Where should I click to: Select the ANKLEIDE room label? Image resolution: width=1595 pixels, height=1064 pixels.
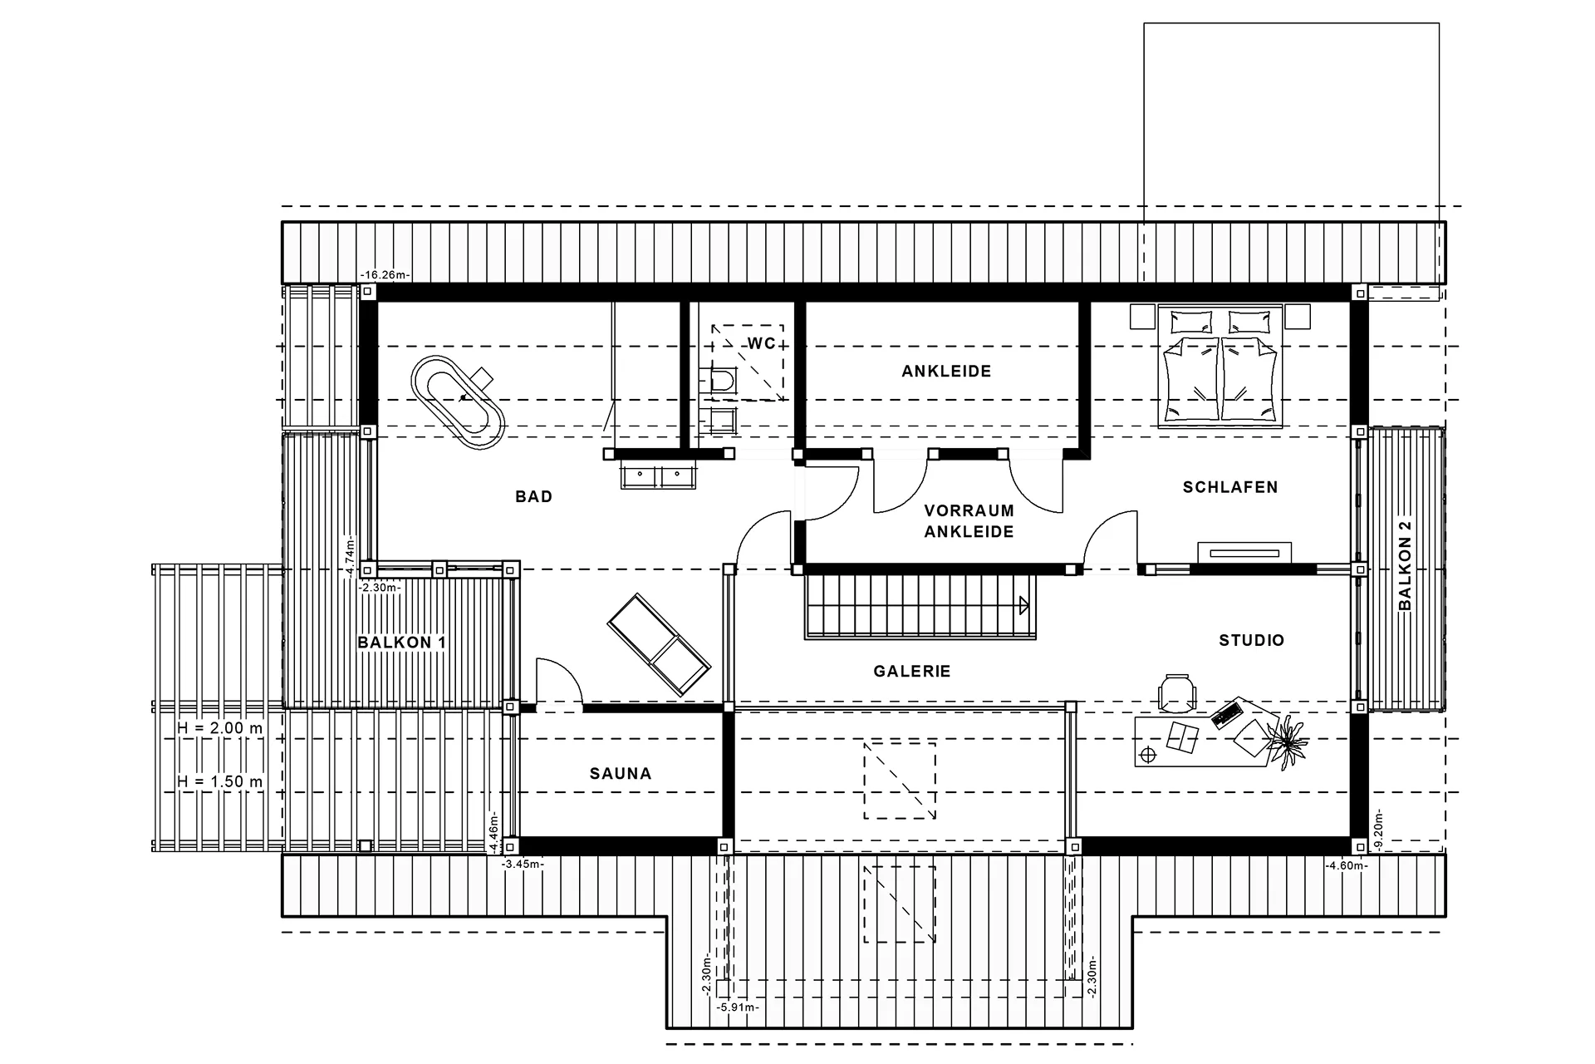click(946, 372)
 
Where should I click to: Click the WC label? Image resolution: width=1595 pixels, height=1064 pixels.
click(761, 343)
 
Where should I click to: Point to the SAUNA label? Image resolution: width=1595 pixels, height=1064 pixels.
click(621, 774)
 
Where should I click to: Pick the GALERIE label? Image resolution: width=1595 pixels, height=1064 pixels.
click(912, 672)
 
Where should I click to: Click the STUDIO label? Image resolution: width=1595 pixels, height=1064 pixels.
click(1251, 640)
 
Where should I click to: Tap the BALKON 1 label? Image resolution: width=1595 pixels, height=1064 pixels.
click(401, 643)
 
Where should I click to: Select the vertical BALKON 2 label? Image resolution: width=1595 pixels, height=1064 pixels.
click(1405, 565)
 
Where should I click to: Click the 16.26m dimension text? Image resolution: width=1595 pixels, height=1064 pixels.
click(385, 275)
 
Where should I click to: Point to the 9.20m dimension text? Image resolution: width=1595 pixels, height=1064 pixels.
click(1379, 829)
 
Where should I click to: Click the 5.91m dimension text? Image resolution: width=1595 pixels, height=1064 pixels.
click(738, 1007)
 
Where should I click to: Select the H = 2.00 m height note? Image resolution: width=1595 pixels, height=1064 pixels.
click(219, 728)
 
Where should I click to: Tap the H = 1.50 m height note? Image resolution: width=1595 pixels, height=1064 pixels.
click(219, 781)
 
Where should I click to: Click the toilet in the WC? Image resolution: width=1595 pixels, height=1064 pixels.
click(721, 381)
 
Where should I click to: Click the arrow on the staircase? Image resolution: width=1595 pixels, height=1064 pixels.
click(1023, 605)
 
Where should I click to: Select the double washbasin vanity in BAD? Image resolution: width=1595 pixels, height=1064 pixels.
click(658, 475)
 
